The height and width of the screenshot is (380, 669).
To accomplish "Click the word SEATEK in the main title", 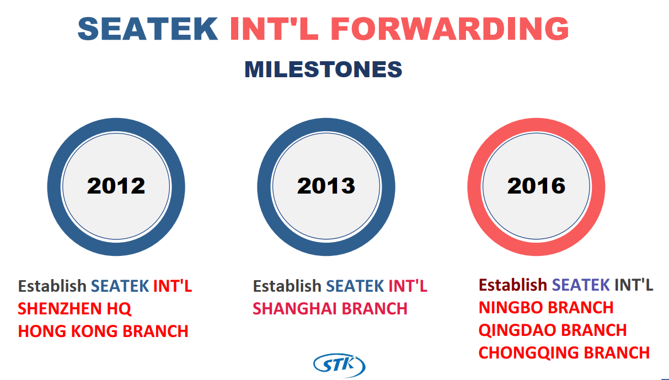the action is coord(148,29).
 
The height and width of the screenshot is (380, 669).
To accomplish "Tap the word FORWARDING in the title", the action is coord(450,29).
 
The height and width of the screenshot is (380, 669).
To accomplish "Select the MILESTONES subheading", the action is coord(323,69).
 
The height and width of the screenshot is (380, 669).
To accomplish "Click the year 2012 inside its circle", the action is coord(116,186).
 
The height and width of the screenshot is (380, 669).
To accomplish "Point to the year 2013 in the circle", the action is coord(326,186).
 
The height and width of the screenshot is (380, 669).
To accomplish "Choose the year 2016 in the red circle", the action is coord(537,186).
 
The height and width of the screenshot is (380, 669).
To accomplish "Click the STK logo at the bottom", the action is coord(339,365).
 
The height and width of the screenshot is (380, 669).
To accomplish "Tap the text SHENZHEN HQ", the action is coord(74,309).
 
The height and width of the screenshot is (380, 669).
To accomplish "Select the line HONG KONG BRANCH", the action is coord(103,331).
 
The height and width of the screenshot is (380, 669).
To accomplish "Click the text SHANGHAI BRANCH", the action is coord(330,309).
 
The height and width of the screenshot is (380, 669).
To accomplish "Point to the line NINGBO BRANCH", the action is coord(546,307).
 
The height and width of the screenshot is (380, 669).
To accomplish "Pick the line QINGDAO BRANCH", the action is coord(553,330).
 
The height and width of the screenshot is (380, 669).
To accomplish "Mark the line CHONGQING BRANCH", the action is coord(564,353).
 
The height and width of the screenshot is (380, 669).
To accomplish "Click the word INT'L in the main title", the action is coord(274,29).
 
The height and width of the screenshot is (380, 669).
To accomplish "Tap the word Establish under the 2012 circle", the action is coord(52,286).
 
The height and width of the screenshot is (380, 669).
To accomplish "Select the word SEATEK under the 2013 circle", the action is coord(355,286).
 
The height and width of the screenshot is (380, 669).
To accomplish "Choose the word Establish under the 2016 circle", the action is coord(513,285).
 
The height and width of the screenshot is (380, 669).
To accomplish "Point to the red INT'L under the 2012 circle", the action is coord(173,286).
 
